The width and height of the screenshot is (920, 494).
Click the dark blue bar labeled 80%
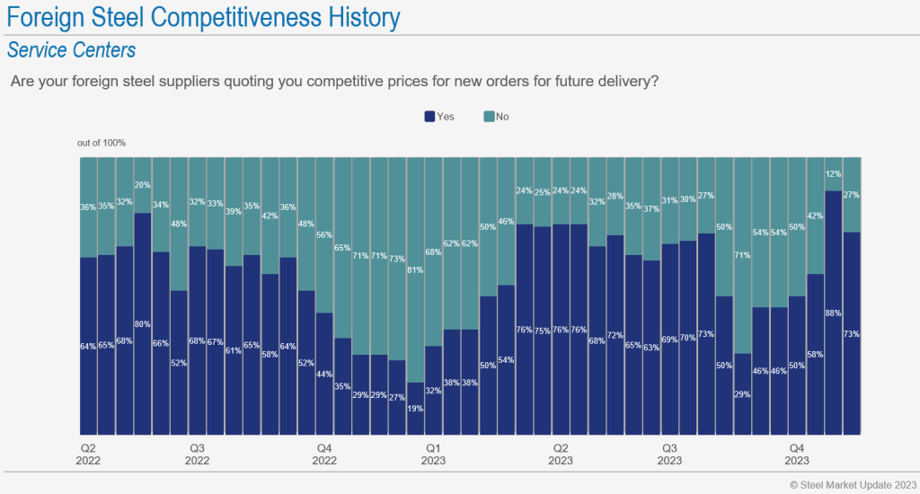[143, 323]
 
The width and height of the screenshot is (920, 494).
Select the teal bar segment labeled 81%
[415, 269]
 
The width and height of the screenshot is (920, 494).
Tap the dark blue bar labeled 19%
[415, 409]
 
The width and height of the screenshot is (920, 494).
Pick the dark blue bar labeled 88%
[833, 313]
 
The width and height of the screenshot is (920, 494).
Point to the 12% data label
[833, 174]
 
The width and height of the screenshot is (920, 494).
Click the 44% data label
[324, 348]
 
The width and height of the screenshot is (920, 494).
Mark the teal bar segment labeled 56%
[324, 234]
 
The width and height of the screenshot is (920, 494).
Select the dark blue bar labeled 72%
[615, 335]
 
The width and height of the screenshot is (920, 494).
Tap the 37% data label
[651, 209]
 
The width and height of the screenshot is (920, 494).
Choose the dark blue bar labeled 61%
[234, 350]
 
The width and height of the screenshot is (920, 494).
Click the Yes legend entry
[439, 117]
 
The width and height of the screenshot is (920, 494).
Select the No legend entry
[496, 117]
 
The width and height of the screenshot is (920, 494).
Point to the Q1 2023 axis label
[433, 454]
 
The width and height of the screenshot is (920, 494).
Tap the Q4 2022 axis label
[324, 454]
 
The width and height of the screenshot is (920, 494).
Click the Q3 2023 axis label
[669, 454]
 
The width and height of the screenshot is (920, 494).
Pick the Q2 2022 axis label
[88, 454]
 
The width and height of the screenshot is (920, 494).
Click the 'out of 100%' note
[102, 143]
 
